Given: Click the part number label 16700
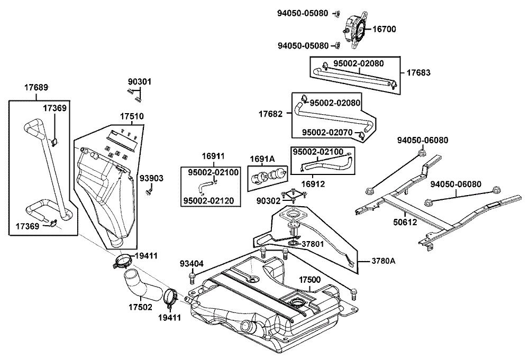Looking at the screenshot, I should (384, 30).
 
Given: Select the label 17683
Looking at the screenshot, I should (419, 73).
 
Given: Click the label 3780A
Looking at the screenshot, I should (382, 261).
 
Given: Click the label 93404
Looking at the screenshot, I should (191, 263).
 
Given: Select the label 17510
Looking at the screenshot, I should (132, 116).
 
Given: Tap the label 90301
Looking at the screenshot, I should (140, 82).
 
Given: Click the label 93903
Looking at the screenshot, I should (152, 178).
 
